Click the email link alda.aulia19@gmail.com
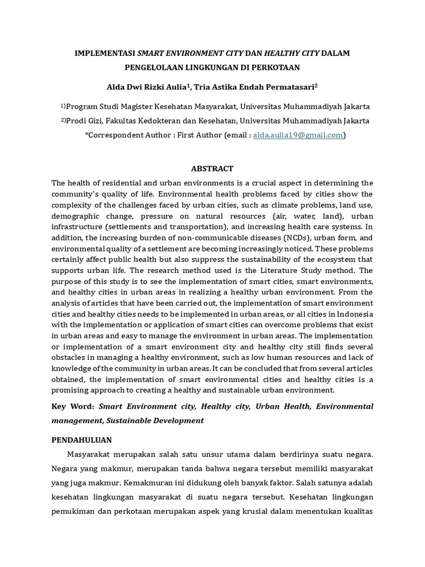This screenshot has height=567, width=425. pyautogui.click(x=298, y=135)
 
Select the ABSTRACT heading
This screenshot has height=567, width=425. pyautogui.click(x=212, y=168)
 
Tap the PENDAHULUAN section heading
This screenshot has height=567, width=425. pyautogui.click(x=81, y=440)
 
